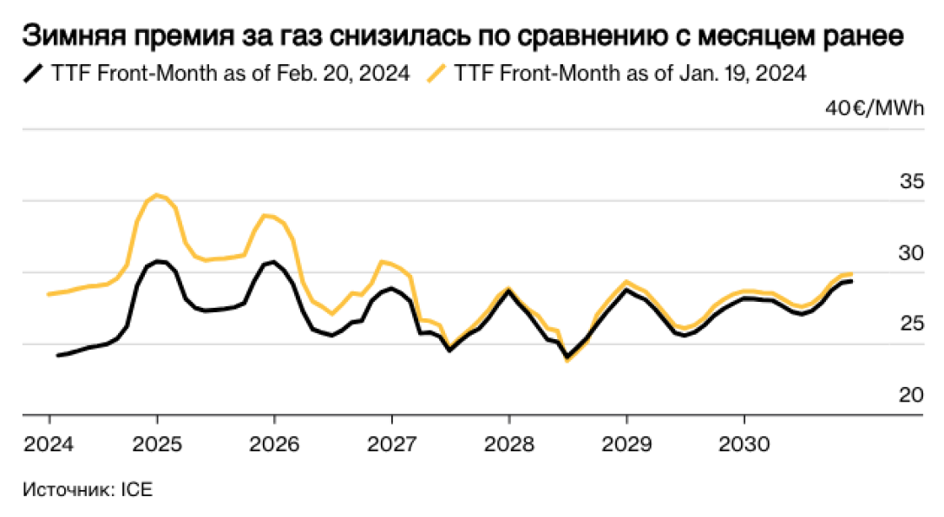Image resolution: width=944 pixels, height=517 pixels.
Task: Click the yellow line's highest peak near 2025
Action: pyautogui.click(x=156, y=194)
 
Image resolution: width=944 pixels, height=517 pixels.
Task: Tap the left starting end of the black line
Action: pyautogui.click(x=58, y=355)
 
